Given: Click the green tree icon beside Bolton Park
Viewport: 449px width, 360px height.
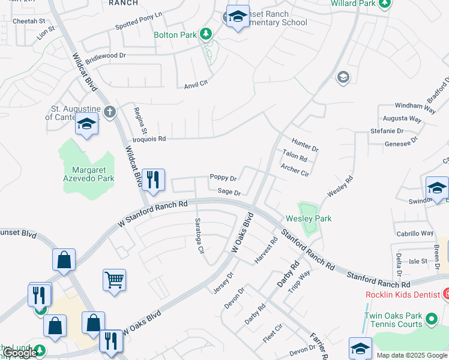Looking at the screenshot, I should (x=206, y=34).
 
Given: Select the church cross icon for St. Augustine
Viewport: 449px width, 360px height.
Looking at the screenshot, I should (x=109, y=112).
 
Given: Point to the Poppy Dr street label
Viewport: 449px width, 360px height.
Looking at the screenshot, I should (x=223, y=178).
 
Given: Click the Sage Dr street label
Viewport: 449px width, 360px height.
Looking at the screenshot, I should (x=229, y=193).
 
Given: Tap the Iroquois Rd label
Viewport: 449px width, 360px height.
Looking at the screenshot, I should (x=149, y=139).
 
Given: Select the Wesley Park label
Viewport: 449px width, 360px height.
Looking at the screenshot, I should (x=308, y=219).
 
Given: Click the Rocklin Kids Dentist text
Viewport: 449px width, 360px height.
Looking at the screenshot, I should (x=403, y=295).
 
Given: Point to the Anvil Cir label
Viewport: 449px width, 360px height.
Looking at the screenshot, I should (x=196, y=83).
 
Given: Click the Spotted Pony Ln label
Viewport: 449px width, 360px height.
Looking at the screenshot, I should (x=139, y=30).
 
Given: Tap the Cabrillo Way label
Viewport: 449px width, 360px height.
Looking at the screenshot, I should (x=414, y=233).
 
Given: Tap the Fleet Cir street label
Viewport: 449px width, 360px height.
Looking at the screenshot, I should (x=273, y=334).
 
